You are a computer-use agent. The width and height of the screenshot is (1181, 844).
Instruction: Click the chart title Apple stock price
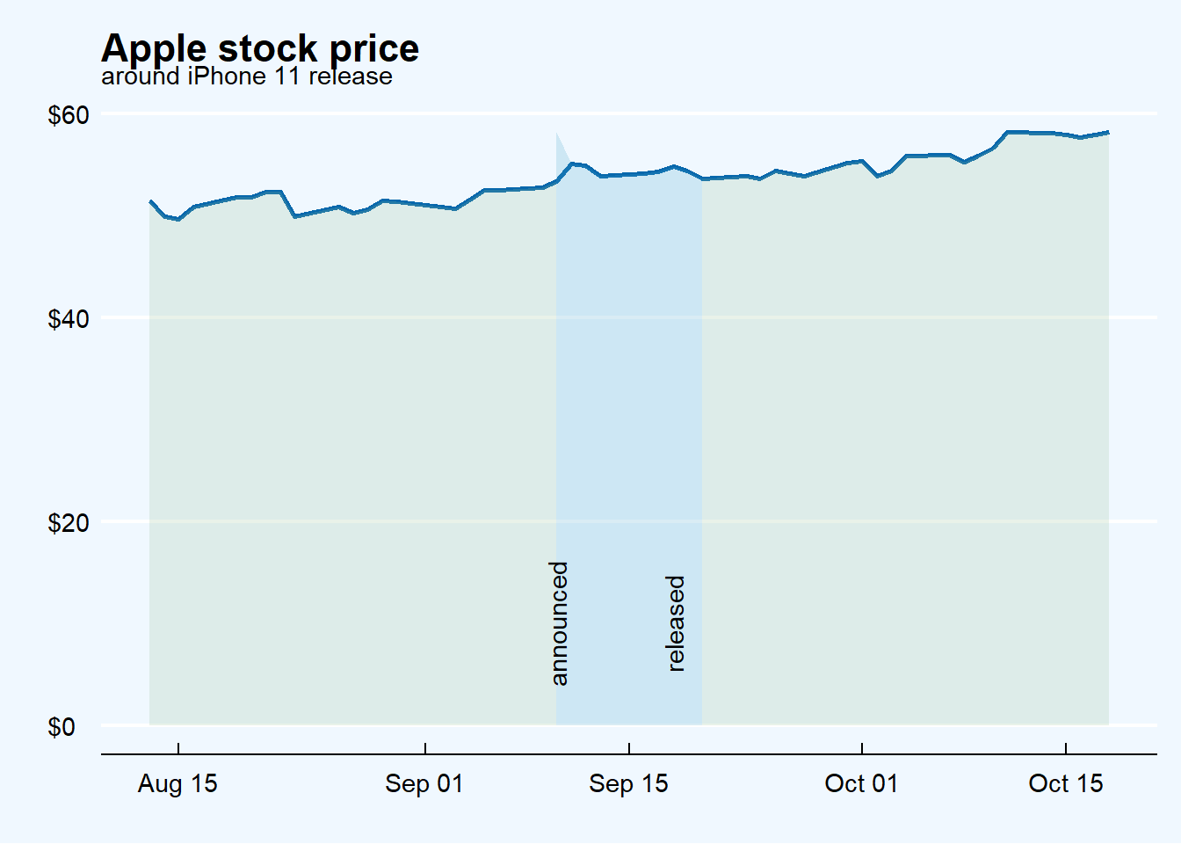tap(260, 47)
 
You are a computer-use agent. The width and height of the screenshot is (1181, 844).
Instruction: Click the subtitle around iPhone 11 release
tap(247, 76)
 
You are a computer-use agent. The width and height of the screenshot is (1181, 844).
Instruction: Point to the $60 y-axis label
tap(69, 115)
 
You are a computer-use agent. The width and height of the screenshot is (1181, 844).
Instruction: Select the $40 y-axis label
tap(69, 318)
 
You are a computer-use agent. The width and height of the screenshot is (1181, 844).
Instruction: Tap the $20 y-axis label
tap(69, 522)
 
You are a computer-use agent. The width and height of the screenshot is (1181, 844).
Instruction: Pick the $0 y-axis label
tap(62, 727)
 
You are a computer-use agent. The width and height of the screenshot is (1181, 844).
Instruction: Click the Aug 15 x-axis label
tap(178, 783)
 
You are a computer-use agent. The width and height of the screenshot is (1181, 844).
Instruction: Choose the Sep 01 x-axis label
tap(424, 783)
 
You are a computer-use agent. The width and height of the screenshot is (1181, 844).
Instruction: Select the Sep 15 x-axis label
tap(628, 783)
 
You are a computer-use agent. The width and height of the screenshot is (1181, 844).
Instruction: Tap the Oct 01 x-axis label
tap(861, 783)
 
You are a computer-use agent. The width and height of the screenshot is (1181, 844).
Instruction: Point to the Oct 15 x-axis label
tap(1065, 783)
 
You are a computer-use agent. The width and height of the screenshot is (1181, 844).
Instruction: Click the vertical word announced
tap(560, 623)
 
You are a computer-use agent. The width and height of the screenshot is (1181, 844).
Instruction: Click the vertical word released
tap(676, 623)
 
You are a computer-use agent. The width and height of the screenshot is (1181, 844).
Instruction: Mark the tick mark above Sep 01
tap(425, 749)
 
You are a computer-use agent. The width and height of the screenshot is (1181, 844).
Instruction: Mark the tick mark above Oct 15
tap(1066, 749)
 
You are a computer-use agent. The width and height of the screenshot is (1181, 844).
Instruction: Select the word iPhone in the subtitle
tap(227, 76)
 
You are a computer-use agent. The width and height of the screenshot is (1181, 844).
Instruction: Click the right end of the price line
tap(1108, 133)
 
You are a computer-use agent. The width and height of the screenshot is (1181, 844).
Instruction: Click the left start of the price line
tap(150, 201)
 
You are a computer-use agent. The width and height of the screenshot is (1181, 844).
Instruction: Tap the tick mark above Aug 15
tap(178, 749)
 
